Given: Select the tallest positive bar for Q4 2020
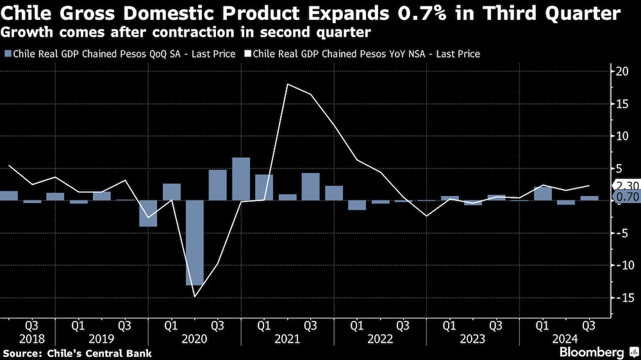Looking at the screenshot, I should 240,179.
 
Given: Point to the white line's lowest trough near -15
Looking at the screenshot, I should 195,296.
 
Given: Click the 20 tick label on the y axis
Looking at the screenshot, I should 621,71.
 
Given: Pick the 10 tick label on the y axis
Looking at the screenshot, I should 621,136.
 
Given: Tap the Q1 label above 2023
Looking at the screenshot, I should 450,325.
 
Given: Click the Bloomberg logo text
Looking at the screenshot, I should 592,352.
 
